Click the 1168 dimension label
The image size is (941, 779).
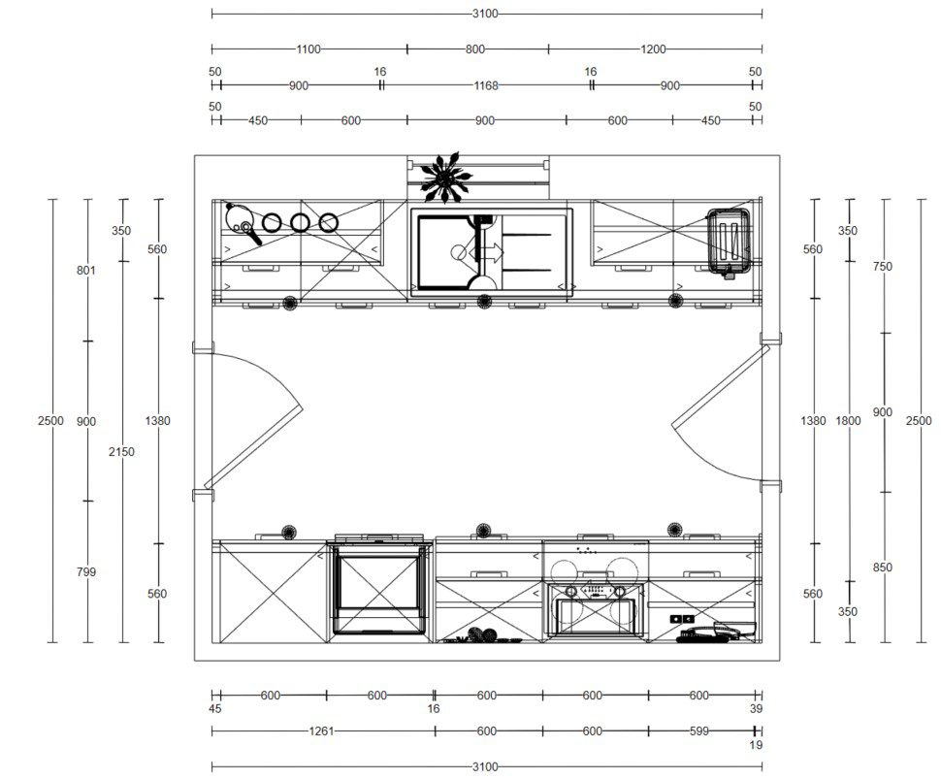[x=485, y=85]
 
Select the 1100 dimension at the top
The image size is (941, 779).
[x=308, y=49]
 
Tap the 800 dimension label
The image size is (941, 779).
[x=474, y=49]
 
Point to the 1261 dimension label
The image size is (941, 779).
[x=321, y=731]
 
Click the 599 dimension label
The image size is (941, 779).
[x=699, y=731]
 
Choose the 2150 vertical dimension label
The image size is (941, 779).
[x=121, y=451]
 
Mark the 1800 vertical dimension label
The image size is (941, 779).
[x=848, y=421]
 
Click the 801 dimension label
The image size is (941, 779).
[x=85, y=270]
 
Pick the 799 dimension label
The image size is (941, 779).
[x=85, y=572]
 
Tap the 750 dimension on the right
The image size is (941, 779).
[x=882, y=267]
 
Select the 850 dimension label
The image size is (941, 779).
[x=882, y=568]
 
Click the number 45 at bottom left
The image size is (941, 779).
[x=214, y=709]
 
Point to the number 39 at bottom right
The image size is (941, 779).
[x=756, y=709]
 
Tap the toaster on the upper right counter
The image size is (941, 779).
[x=729, y=242]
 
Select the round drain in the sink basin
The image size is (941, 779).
[x=459, y=252]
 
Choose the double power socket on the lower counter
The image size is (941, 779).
[x=682, y=619]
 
